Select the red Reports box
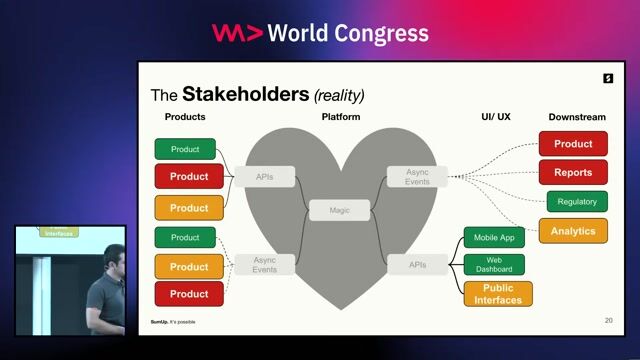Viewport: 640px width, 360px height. [x=573, y=172]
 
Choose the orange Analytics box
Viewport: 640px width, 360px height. [x=573, y=231]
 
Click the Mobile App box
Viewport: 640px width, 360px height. [x=494, y=238]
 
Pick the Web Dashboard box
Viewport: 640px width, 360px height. [x=494, y=264]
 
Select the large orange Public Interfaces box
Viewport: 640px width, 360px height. [x=498, y=294]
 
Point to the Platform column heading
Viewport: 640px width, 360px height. [x=340, y=117]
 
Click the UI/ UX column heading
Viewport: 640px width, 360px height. [x=495, y=117]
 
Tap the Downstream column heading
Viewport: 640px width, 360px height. [x=577, y=117]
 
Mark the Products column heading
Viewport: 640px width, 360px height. [x=185, y=117]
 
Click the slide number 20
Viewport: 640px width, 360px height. [x=609, y=321]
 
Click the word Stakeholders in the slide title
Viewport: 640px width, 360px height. [x=245, y=95]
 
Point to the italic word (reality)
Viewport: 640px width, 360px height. [x=339, y=96]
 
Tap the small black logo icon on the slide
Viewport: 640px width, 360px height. [x=607, y=78]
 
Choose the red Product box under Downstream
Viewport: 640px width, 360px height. [x=573, y=144]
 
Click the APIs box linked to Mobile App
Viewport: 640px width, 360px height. [x=417, y=264]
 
